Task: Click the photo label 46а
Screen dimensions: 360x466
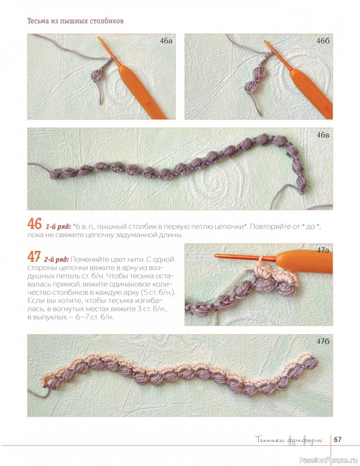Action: (166, 41)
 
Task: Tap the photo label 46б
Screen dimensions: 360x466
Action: (323, 41)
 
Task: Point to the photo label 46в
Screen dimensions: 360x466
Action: (323, 135)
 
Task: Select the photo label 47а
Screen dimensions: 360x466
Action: (323, 250)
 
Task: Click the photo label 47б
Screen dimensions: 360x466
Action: (323, 341)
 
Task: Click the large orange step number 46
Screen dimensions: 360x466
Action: (34, 224)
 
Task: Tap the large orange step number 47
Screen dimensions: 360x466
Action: (34, 256)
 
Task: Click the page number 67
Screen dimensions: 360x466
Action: (338, 439)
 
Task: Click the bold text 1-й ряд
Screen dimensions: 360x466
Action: (58, 227)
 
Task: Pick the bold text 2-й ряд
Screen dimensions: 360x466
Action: (57, 260)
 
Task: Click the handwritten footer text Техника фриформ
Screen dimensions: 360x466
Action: (289, 440)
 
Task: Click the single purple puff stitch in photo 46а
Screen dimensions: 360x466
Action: (96, 76)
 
